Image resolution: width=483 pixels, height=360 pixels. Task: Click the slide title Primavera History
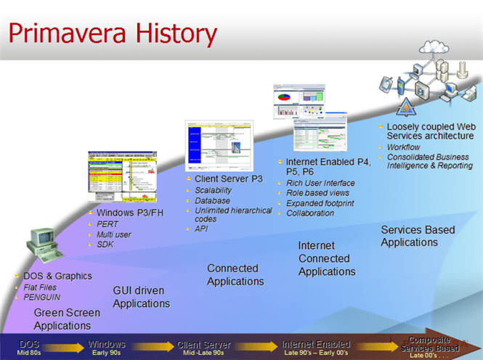tap(113, 33)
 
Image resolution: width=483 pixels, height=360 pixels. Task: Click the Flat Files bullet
tap(41, 287)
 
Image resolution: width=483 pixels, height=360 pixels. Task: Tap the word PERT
tap(107, 224)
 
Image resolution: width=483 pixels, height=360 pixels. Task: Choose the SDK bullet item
tap(105, 245)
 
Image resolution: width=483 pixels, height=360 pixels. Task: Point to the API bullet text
tap(201, 229)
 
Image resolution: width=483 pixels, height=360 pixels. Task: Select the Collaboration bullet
tap(310, 213)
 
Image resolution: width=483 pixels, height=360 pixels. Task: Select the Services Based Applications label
tap(418, 236)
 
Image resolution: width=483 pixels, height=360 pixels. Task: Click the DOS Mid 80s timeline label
tap(30, 347)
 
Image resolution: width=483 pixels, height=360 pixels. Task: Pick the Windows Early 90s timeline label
tap(107, 347)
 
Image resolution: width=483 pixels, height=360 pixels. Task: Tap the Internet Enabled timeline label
tap(316, 347)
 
